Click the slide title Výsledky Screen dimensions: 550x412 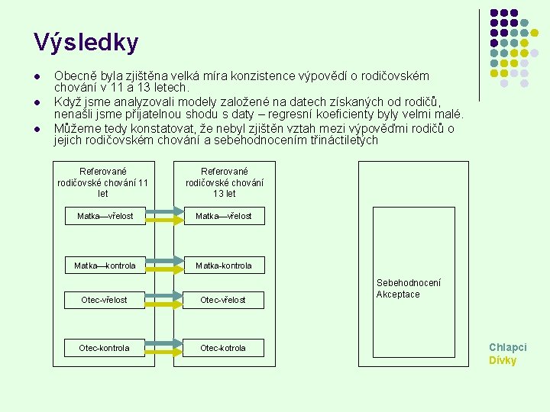(86, 43)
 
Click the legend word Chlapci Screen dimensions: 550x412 (507, 347)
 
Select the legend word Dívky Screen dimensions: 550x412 (503, 360)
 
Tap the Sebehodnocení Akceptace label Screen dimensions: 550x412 (408, 288)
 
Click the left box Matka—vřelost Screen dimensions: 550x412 (105, 216)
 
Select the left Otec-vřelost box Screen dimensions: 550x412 (105, 300)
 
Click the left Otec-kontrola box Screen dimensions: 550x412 (105, 348)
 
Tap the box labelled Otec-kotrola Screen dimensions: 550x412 (223, 348)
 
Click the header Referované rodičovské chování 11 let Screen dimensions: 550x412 (103, 182)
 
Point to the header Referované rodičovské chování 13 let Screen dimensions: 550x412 (224, 182)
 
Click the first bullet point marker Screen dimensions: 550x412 (36, 77)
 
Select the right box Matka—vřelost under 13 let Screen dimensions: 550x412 (223, 216)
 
